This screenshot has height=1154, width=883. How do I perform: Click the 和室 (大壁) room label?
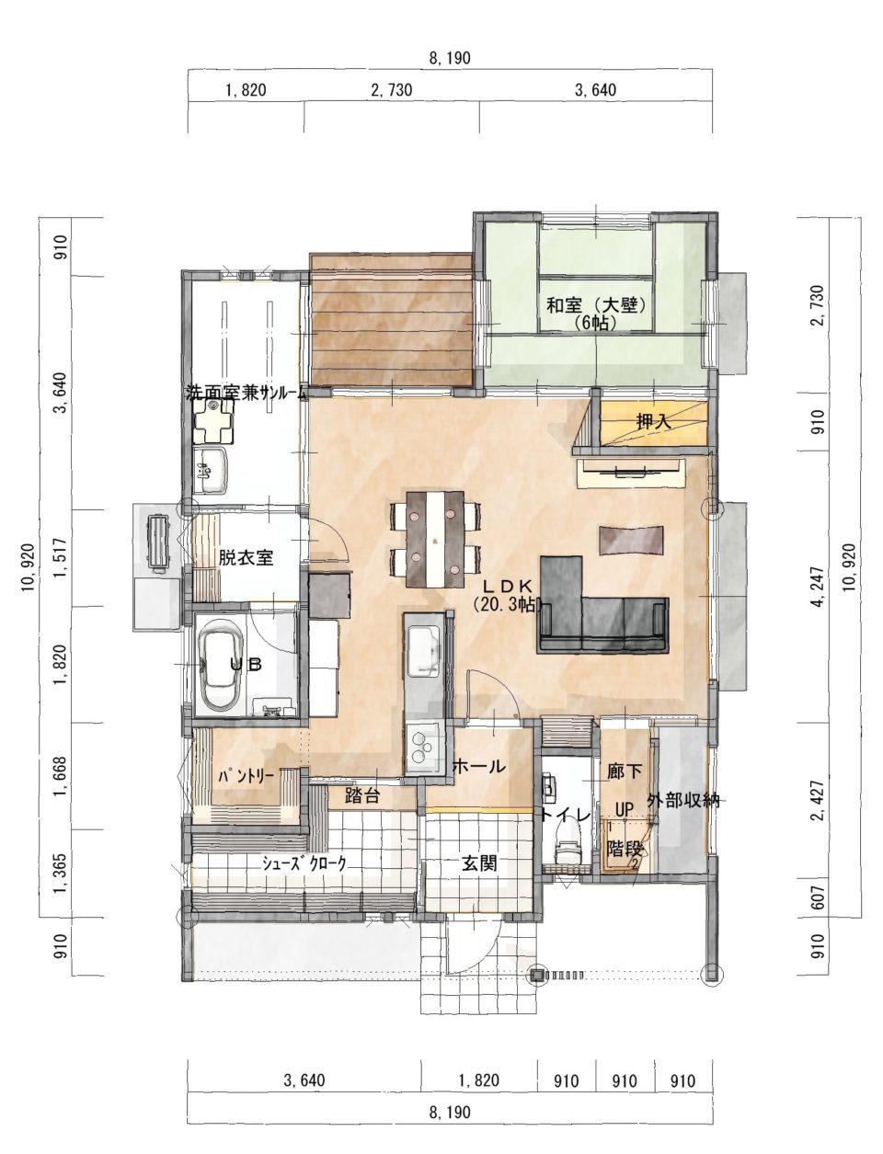pyautogui.click(x=596, y=305)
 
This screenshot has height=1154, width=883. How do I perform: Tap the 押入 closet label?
pyautogui.click(x=654, y=422)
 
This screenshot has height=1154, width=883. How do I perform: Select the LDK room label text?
pyautogui.click(x=509, y=586)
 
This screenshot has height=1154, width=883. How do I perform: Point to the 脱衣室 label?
pyautogui.click(x=247, y=558)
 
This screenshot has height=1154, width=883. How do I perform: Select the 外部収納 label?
pyautogui.click(x=682, y=801)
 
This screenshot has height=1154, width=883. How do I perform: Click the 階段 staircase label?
pyautogui.click(x=625, y=848)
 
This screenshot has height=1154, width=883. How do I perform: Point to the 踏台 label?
pyautogui.click(x=362, y=795)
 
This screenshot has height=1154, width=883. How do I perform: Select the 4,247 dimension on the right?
pyautogui.click(x=819, y=587)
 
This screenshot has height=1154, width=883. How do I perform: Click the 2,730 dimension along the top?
pyautogui.click(x=392, y=90)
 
